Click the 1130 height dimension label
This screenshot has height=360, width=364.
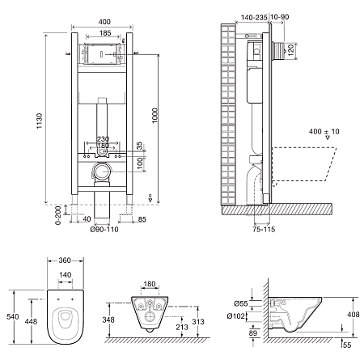click(x=40, y=121)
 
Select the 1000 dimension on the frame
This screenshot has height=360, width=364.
click(x=154, y=116)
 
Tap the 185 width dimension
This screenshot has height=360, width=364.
click(x=105, y=33)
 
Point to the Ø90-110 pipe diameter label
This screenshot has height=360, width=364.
click(x=104, y=230)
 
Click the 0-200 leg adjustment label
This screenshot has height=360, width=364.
click(x=59, y=215)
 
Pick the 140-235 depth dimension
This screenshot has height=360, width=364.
click(x=254, y=18)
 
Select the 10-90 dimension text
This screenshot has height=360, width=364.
click(x=280, y=17)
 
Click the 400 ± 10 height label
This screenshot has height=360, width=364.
click(x=324, y=132)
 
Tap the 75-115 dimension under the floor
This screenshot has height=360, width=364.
click(x=264, y=229)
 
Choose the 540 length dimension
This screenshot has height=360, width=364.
click(x=13, y=316)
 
